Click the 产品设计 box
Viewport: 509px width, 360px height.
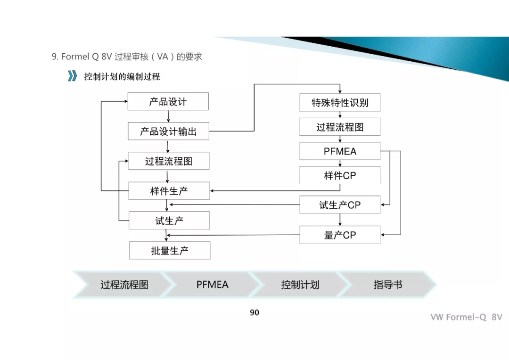tap(168, 102)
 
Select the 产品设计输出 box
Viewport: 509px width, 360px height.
tap(168, 131)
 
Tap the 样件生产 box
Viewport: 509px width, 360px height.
tap(169, 191)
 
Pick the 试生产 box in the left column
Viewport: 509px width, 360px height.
tap(169, 221)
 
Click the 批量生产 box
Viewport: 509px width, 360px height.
tap(170, 251)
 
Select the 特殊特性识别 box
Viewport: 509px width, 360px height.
tap(340, 103)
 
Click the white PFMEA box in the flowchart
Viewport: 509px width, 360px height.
tap(340, 151)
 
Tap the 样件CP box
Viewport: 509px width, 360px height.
tap(340, 176)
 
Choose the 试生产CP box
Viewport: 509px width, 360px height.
tap(340, 205)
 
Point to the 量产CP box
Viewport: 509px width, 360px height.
tap(340, 235)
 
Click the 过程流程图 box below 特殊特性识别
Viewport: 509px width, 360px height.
tap(340, 127)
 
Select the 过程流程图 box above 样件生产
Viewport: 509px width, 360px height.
tap(169, 161)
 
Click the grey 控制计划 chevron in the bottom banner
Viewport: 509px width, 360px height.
tap(300, 285)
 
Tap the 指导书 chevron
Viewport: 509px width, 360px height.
tap(388, 285)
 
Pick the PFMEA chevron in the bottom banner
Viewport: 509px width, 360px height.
tap(212, 285)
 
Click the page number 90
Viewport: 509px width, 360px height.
tap(254, 312)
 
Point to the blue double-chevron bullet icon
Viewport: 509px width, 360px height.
tap(72, 76)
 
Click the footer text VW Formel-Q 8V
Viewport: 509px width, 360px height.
tap(466, 317)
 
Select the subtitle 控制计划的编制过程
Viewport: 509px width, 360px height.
tap(122, 76)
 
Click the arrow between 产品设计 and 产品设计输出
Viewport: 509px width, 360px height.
tap(168, 116)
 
